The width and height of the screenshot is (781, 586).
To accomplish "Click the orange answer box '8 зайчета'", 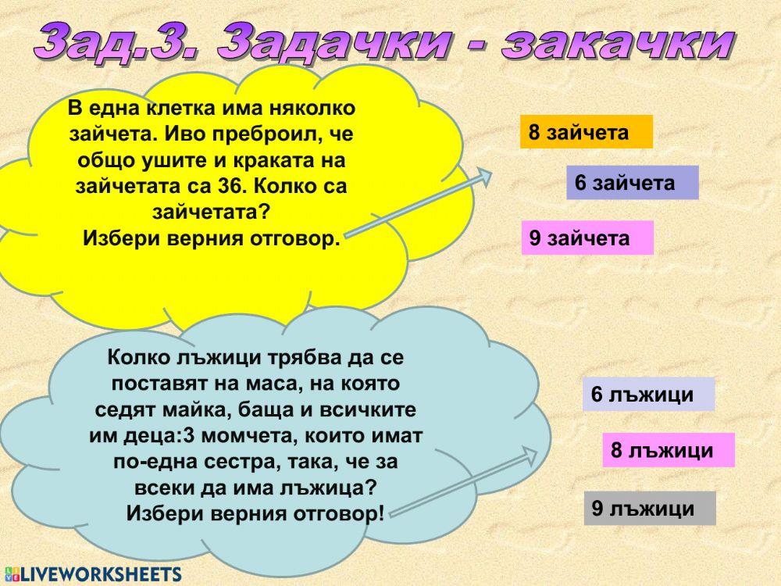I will click(x=586, y=132).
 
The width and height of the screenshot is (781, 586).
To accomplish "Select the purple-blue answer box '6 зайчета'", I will click(x=632, y=183).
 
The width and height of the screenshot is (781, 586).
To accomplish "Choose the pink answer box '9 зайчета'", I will click(x=587, y=238).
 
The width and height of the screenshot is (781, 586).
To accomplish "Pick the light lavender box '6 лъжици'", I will click(x=648, y=395).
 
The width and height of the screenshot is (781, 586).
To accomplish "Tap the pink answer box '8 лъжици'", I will click(x=668, y=450).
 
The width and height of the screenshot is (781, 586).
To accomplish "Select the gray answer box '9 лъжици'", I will click(x=649, y=509).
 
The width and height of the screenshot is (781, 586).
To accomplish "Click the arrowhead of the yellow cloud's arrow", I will click(x=487, y=177).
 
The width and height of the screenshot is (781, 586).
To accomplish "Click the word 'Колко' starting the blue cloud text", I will click(x=135, y=358).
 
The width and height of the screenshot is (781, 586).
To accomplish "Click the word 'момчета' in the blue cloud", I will click(x=242, y=435).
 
